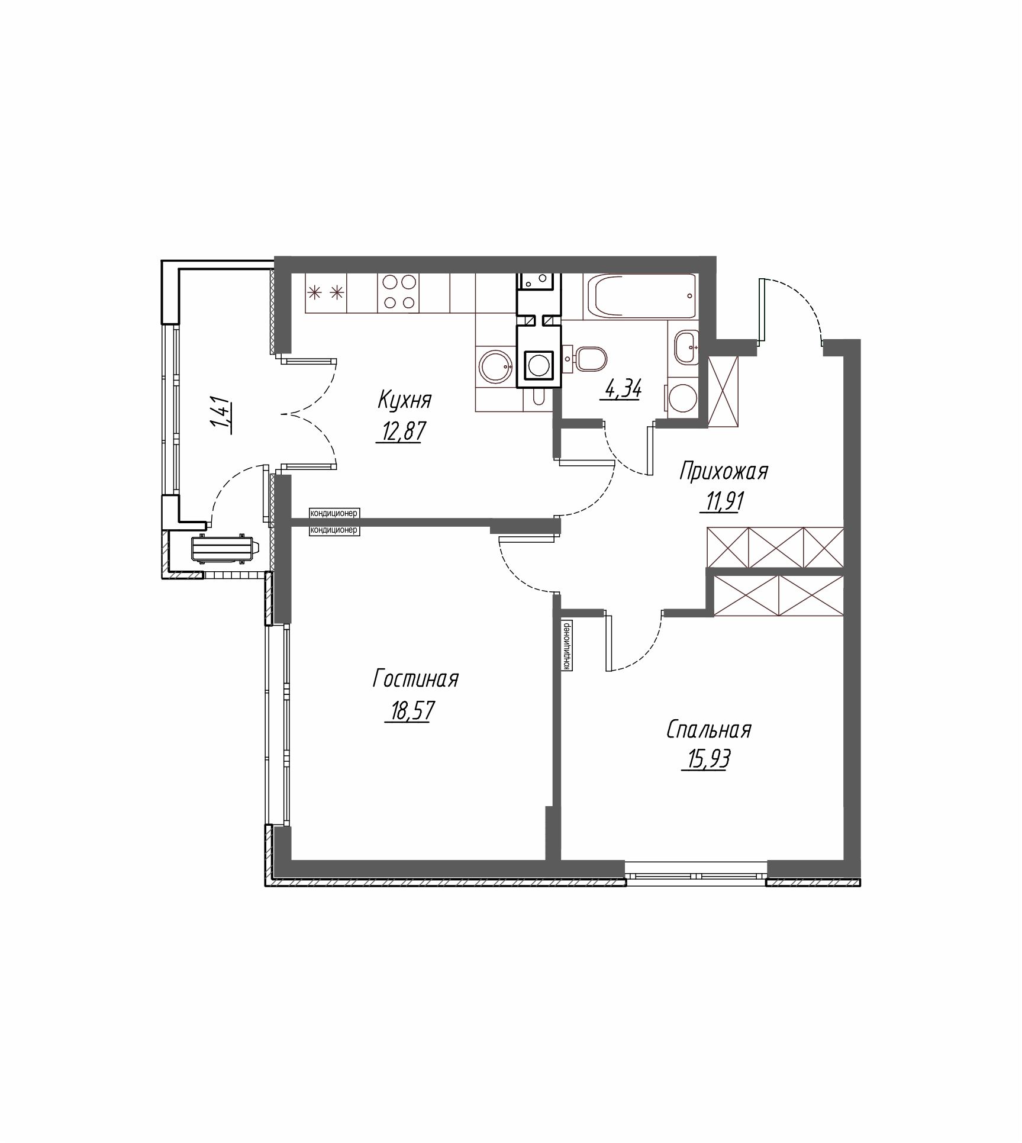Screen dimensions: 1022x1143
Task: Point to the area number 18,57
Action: tap(410, 711)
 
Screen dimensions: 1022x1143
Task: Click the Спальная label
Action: tap(709, 730)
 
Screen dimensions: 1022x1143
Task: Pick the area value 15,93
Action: tap(705, 759)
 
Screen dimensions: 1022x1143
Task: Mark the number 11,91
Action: tap(722, 503)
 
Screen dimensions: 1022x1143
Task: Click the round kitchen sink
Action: tap(496, 368)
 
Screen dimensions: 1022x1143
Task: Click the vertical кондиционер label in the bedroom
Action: tap(566, 645)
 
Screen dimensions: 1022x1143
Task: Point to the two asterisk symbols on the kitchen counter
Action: tap(326, 292)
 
